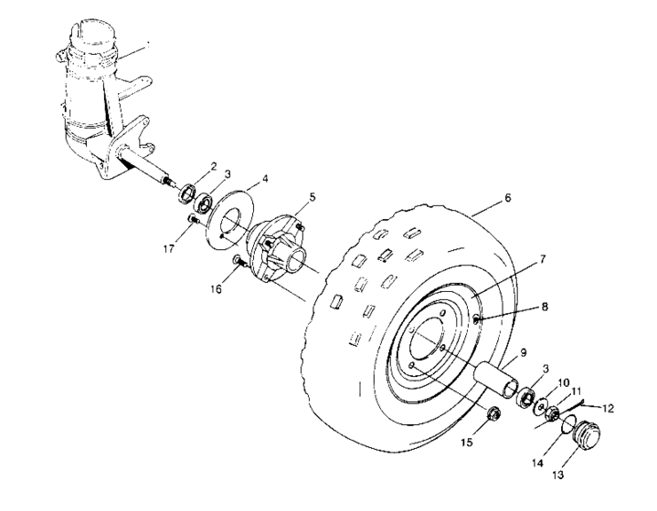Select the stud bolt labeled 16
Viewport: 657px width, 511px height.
pyautogui.click(x=238, y=263)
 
